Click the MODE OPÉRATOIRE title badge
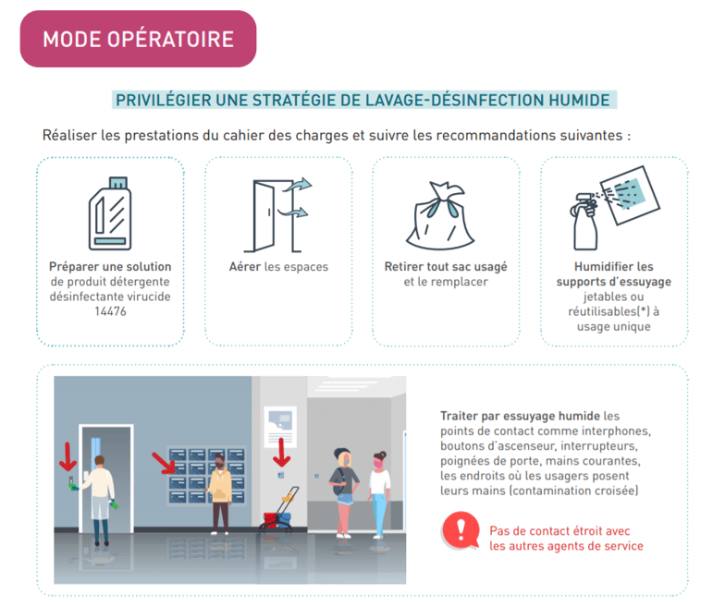[138, 39]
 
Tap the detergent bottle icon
[110, 213]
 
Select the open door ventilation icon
[277, 215]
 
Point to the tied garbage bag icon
[440, 216]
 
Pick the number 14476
[110, 311]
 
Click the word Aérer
[245, 267]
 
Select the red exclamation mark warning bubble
[461, 530]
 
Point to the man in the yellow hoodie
[220, 493]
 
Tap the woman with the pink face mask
[379, 494]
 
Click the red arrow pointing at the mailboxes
[164, 463]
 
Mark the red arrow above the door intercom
[68, 457]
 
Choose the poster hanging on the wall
[280, 427]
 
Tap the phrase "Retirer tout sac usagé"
[446, 267]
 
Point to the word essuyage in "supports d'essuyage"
[645, 282]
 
